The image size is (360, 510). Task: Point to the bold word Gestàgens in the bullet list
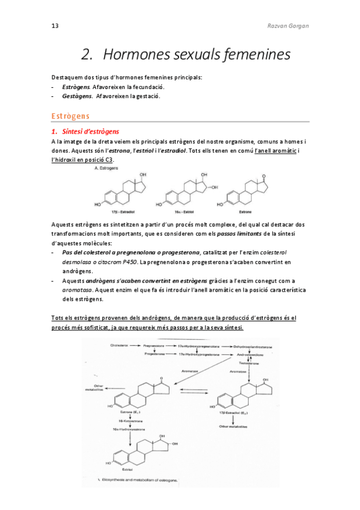click(x=77, y=96)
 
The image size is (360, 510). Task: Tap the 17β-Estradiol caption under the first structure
click(x=121, y=212)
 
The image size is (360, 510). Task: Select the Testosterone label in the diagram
click(x=249, y=363)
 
